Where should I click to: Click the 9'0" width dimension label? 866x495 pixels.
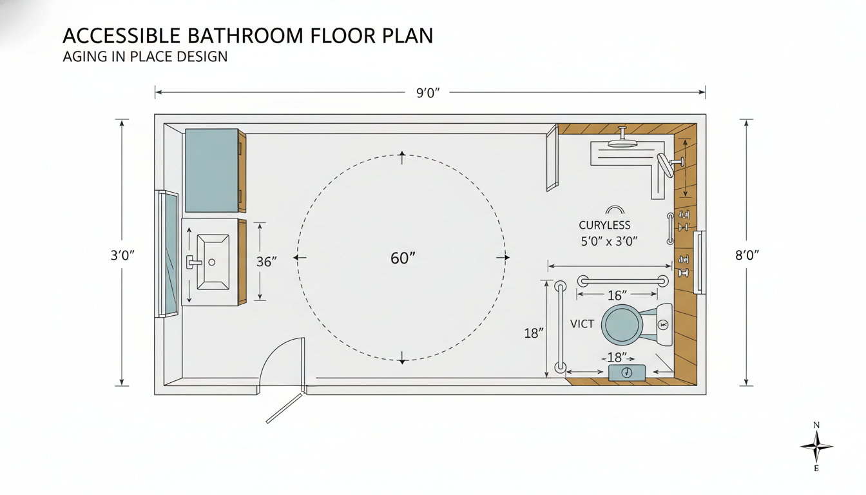pyautogui.click(x=427, y=93)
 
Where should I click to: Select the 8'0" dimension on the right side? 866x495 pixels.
pyautogui.click(x=747, y=255)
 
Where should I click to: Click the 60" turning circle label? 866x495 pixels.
pyautogui.click(x=403, y=258)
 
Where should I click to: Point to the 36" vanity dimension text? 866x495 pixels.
pyautogui.click(x=266, y=262)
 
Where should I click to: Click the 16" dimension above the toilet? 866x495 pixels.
pyautogui.click(x=617, y=295)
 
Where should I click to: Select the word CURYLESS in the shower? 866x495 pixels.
pyautogui.click(x=604, y=226)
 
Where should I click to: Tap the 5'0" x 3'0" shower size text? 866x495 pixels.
pyautogui.click(x=609, y=242)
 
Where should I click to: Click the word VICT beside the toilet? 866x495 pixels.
pyautogui.click(x=582, y=324)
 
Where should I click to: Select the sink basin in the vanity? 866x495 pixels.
pyautogui.click(x=213, y=262)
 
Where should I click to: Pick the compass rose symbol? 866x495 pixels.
pyautogui.click(x=816, y=446)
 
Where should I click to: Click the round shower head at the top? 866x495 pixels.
pyautogui.click(x=622, y=142)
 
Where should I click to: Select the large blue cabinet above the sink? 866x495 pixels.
pyautogui.click(x=211, y=170)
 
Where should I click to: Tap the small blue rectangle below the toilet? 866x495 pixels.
pyautogui.click(x=627, y=373)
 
